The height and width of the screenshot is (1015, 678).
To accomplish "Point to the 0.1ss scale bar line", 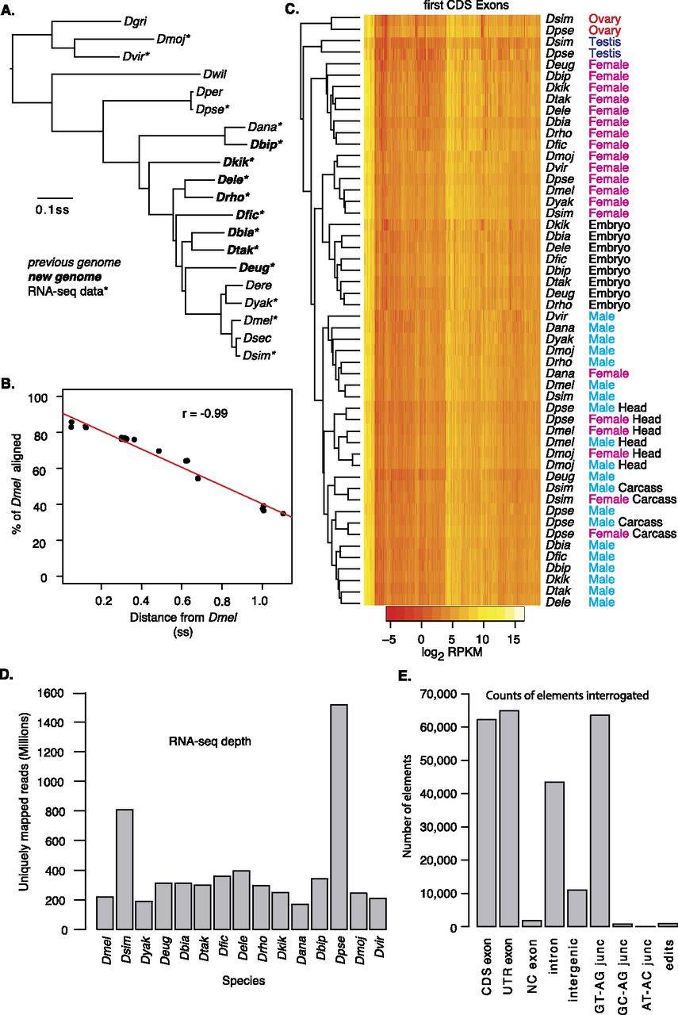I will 56,194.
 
